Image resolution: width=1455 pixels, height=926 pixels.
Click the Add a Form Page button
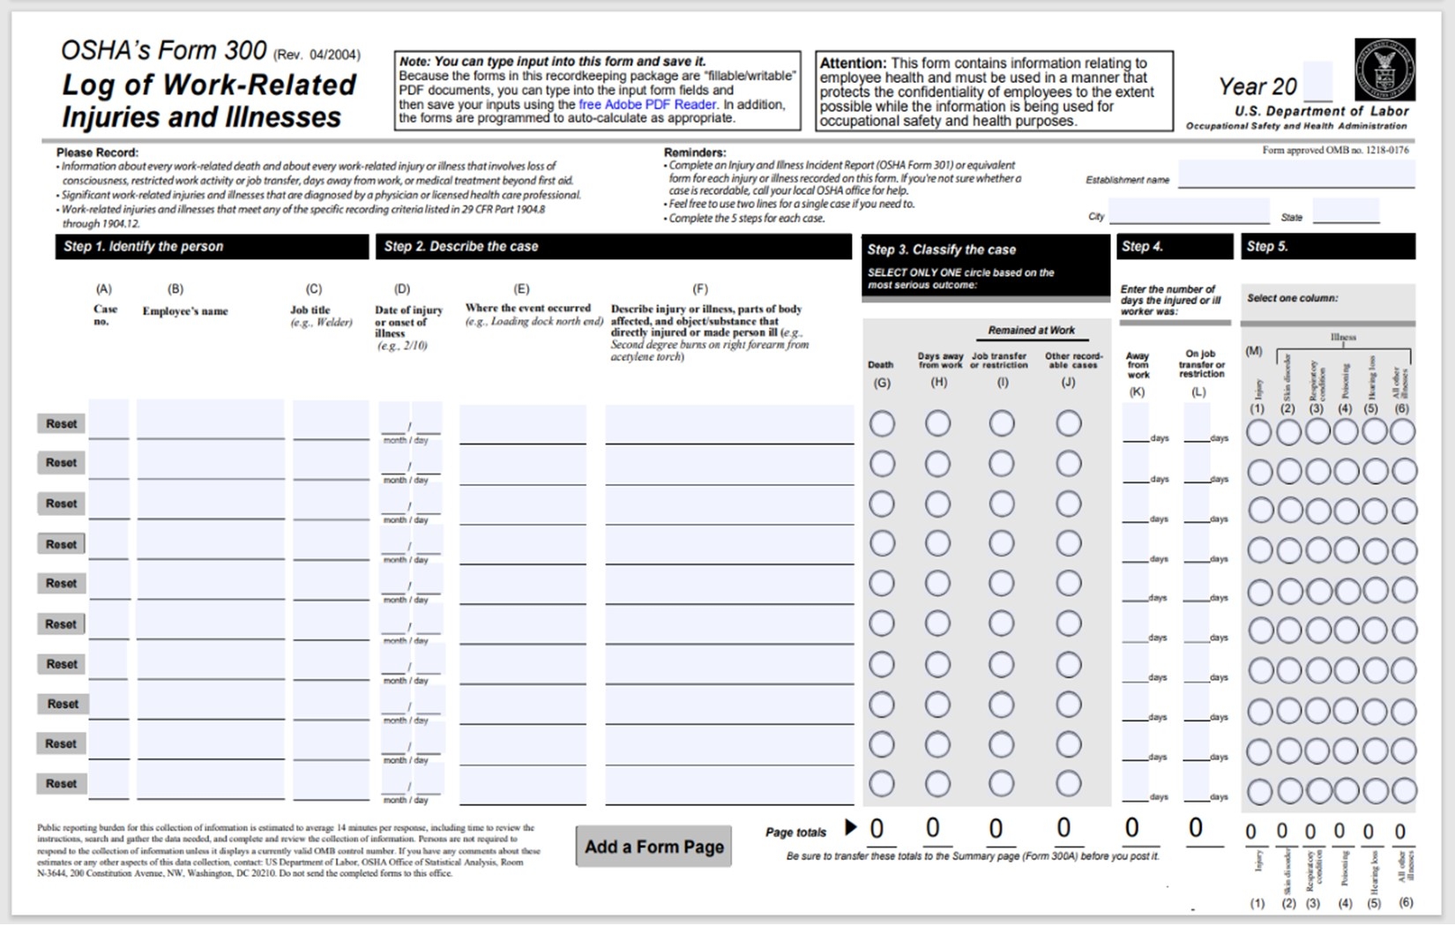(653, 847)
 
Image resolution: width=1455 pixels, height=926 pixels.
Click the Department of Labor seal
(1384, 70)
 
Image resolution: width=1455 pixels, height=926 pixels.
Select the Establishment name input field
(1295, 175)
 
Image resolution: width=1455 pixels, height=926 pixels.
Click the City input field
(1188, 212)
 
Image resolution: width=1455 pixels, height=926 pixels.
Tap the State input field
(1345, 212)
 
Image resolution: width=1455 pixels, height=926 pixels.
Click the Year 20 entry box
(1317, 83)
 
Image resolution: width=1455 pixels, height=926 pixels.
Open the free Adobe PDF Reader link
(647, 104)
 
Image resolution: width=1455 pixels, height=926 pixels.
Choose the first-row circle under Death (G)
(882, 424)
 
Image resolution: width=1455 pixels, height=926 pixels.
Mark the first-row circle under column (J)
(1069, 424)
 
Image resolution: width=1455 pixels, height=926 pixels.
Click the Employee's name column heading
(185, 311)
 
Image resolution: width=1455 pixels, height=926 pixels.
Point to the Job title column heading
(310, 310)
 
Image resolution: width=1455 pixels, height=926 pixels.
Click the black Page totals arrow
(850, 827)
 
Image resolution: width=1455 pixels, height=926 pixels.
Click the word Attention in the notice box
(853, 63)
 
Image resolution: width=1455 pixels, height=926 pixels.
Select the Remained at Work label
(1031, 330)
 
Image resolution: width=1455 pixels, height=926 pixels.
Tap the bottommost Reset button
(61, 783)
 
